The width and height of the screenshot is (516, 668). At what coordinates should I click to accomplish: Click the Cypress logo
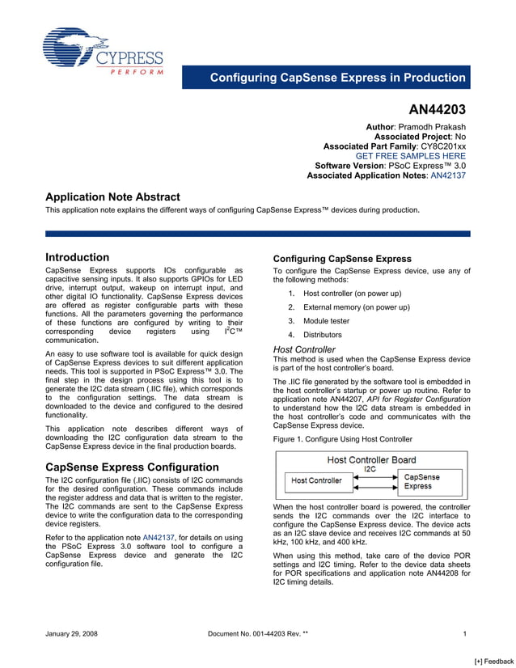103,51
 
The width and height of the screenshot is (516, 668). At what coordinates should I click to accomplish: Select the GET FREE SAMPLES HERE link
411,155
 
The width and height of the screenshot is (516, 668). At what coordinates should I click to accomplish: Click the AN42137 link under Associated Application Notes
448,175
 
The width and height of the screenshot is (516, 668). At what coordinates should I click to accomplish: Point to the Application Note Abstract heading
112,197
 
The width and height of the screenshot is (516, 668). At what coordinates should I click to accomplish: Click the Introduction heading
77,258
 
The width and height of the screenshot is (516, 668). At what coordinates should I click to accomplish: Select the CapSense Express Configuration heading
132,467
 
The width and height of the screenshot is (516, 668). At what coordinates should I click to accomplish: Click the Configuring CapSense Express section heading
343,259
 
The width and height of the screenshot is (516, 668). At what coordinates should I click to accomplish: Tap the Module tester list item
326,321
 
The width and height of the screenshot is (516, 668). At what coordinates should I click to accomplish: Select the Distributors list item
323,335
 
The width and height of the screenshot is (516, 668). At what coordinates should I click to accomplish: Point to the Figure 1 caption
343,439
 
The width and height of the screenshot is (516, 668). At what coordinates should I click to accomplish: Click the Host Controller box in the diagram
316,480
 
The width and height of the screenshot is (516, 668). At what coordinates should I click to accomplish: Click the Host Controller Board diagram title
371,459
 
